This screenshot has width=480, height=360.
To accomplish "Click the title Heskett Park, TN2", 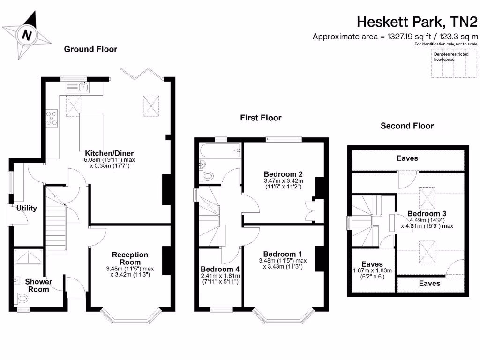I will pos(417,22).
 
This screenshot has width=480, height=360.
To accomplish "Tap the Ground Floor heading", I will pos(90,49).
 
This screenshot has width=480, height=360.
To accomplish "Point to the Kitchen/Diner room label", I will pos(109,153).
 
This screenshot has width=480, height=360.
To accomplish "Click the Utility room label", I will pos(27,208).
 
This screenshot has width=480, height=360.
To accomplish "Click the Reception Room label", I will pos(130,258).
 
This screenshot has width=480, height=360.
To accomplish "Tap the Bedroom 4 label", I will pos(220,269).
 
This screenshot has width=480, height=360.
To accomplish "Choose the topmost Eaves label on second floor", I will pos(407,158).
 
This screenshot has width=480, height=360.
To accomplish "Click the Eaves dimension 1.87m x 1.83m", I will pos(372,270).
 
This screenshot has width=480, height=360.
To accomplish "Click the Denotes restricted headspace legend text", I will pos(451,57).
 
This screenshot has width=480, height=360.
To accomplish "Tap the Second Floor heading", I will pos(407,126).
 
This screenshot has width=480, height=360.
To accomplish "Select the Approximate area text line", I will pos(396,37).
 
